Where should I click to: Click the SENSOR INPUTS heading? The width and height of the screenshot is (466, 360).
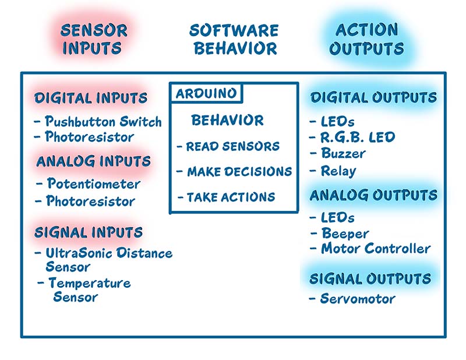94,39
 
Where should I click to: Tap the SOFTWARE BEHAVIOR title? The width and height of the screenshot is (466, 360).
234,39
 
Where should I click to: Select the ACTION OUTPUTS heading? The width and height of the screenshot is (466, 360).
367,39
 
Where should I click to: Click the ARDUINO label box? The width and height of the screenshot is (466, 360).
206,93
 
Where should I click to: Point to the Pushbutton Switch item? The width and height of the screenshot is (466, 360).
103,122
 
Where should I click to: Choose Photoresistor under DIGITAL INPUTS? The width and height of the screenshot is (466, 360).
90,137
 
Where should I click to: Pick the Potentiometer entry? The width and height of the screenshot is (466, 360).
94,183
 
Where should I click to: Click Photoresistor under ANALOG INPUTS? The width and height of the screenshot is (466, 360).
91,201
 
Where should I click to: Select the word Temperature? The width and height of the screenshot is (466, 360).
90,283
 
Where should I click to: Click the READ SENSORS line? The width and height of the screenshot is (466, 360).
232,146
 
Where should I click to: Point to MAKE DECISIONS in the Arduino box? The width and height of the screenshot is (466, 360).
239,171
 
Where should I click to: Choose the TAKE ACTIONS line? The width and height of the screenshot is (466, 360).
231,197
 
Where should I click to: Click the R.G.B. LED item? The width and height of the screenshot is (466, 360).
358,137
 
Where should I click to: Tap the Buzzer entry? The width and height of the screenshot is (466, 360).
344,153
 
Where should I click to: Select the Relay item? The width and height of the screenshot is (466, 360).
338,171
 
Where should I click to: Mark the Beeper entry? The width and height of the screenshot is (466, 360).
345,234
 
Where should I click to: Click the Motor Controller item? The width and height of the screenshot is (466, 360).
376,249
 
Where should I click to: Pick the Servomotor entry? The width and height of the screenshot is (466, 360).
358,299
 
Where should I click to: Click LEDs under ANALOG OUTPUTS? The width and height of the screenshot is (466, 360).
338,218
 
